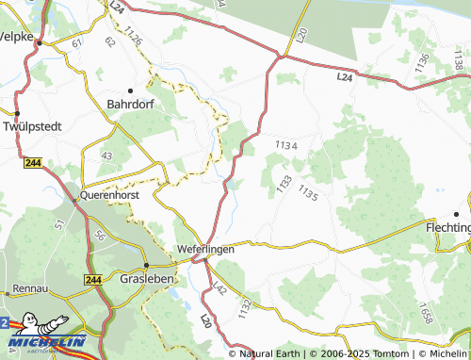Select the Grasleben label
click(x=151, y=280)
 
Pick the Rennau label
click(x=32, y=289)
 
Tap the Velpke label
click(x=16, y=38)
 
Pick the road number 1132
click(x=245, y=307)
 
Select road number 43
click(x=106, y=155)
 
